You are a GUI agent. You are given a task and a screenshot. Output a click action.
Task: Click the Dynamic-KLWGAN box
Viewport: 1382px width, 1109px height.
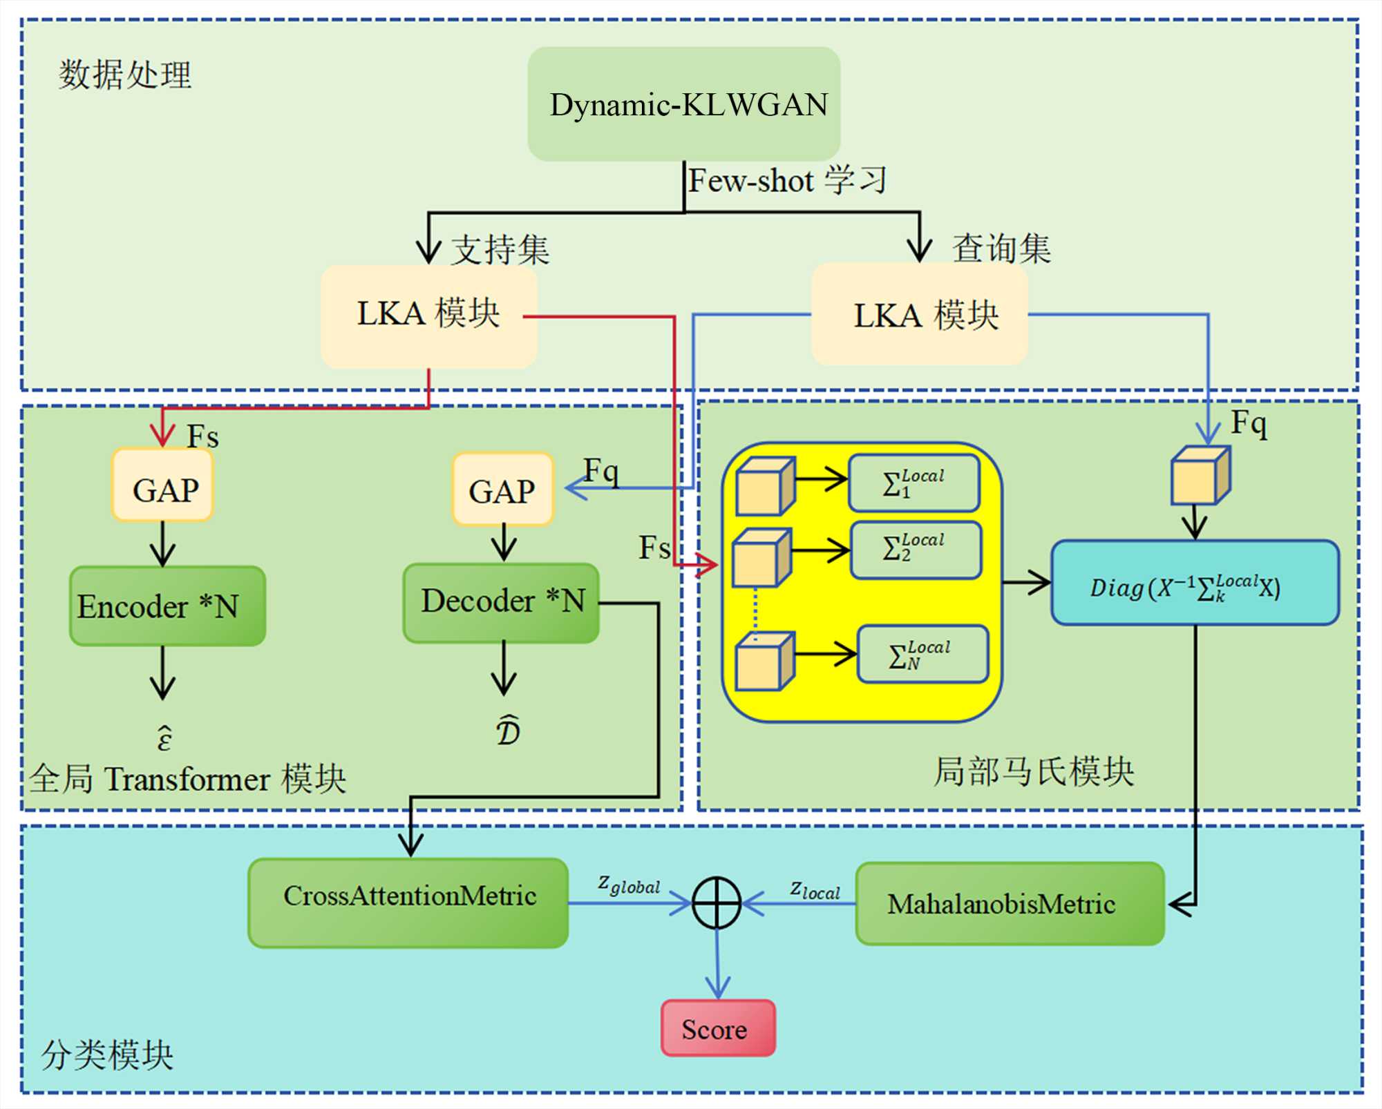click(684, 104)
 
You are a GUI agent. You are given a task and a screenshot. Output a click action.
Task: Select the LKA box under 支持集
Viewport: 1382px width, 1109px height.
click(428, 316)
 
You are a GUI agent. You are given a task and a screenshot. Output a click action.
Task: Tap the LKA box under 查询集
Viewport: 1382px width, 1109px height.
click(919, 314)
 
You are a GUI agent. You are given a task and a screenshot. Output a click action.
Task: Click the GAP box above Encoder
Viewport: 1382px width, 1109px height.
click(163, 485)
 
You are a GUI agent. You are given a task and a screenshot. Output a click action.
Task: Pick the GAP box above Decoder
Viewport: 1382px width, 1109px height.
click(503, 489)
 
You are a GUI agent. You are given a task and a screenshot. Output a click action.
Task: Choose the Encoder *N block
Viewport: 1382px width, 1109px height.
click(167, 606)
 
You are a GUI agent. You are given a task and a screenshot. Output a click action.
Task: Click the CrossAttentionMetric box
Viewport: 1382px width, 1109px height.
click(408, 903)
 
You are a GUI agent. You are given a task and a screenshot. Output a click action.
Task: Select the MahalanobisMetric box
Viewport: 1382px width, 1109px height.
click(1010, 903)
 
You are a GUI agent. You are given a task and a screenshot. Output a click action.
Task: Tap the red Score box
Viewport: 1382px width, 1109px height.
click(718, 1028)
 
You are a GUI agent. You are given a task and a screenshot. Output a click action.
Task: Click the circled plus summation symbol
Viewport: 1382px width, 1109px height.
click(717, 903)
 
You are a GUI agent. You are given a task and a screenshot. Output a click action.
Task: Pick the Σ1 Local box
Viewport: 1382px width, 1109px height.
click(914, 483)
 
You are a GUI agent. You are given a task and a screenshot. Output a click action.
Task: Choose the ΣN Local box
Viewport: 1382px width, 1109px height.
click(922, 654)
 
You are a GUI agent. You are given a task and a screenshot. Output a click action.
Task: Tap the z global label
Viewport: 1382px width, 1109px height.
click(629, 884)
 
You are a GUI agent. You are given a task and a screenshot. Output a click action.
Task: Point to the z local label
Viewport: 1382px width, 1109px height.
click(815, 889)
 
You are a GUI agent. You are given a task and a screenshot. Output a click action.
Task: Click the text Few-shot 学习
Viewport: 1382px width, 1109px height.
click(787, 181)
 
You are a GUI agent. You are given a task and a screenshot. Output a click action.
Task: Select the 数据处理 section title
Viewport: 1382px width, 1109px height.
click(124, 75)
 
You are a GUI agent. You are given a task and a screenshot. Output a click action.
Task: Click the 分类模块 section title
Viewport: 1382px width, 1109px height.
click(107, 1054)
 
